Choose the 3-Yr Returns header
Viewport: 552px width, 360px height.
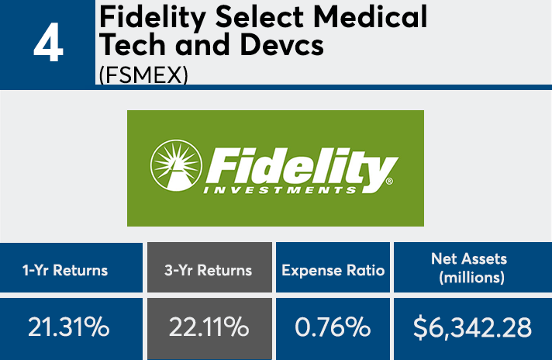click(209, 270)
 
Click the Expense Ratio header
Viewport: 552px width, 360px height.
click(333, 270)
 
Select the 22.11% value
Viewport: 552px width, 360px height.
click(209, 327)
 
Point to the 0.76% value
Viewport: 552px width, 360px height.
click(333, 327)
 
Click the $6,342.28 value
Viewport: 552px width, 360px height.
click(472, 327)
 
